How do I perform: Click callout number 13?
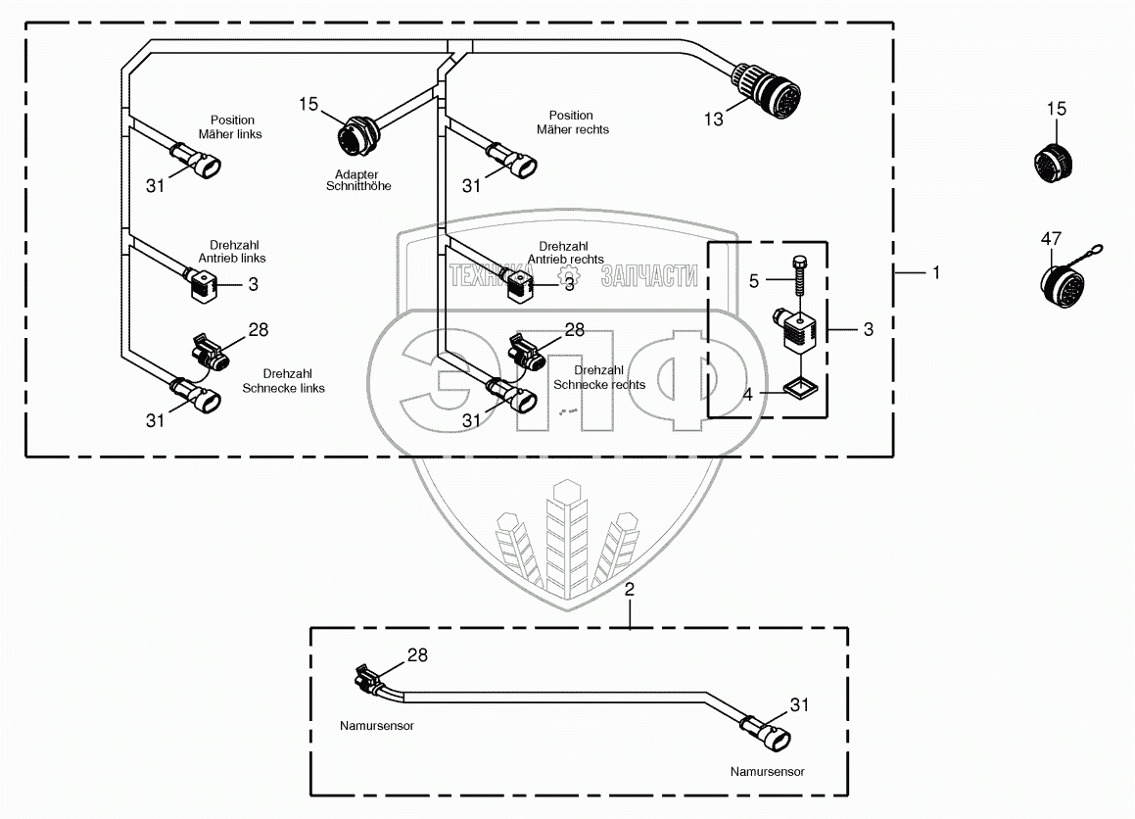tap(713, 119)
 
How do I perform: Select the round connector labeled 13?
tap(774, 87)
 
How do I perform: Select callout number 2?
tap(630, 589)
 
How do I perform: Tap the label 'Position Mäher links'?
tap(230, 127)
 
